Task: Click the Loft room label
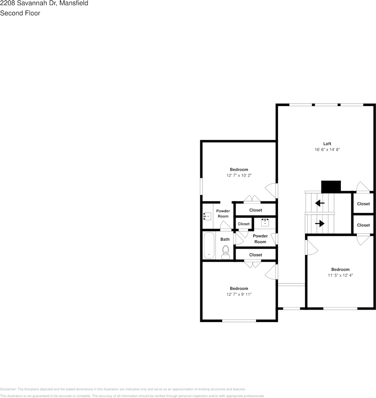327,144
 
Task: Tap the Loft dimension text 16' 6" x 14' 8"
327,150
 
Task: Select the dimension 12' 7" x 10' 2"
239,175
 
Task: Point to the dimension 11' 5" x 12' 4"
340,276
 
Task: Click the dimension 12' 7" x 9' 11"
239,294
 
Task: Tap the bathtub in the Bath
209,246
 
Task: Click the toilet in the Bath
226,252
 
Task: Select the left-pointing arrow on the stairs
320,203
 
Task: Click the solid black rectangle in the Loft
331,186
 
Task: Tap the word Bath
225,239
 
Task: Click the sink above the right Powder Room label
265,222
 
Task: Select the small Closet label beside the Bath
244,224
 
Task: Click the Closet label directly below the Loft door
363,204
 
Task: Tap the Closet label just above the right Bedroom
363,225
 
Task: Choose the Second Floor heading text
20,13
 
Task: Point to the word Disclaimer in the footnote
8,389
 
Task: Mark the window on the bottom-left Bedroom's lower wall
239,321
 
